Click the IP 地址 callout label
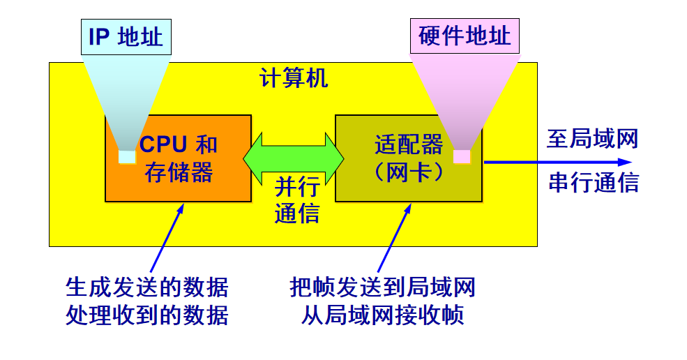click(126, 36)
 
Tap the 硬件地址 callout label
click(465, 36)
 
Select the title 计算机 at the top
click(294, 78)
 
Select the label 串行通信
click(594, 182)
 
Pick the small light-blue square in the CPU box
click(127, 156)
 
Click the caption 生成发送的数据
click(146, 287)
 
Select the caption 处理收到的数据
click(146, 315)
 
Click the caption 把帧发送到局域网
click(383, 287)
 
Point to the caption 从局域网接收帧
click(383, 315)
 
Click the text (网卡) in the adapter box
click(409, 172)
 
